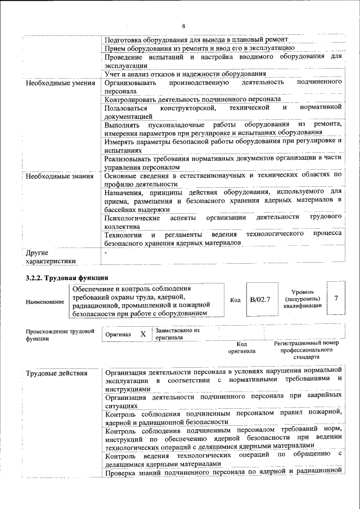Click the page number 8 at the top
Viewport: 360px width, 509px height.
(183, 26)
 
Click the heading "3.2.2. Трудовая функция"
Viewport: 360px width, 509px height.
(66, 278)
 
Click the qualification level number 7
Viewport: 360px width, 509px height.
(336, 298)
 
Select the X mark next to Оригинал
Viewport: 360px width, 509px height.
(143, 334)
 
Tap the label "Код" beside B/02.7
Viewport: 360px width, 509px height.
(235, 300)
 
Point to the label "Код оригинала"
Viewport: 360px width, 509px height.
(241, 347)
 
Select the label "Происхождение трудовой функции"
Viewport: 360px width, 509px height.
(59, 335)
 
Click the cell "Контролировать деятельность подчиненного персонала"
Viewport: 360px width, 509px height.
(193, 99)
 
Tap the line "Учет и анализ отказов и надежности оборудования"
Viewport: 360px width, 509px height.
(185, 74)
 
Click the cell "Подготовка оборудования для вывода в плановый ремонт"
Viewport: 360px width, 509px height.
(196, 40)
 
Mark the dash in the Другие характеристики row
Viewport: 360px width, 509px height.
(106, 253)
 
